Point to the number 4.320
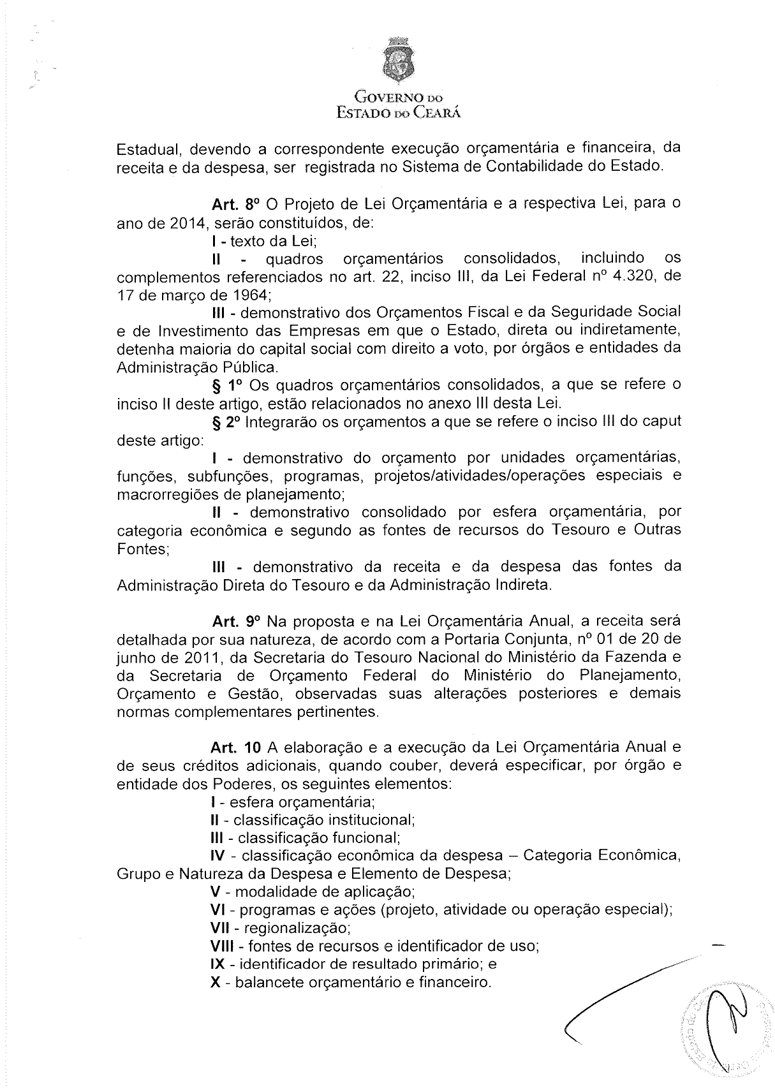pyautogui.click(x=631, y=277)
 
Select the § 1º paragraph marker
pyautogui.click(x=226, y=386)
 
